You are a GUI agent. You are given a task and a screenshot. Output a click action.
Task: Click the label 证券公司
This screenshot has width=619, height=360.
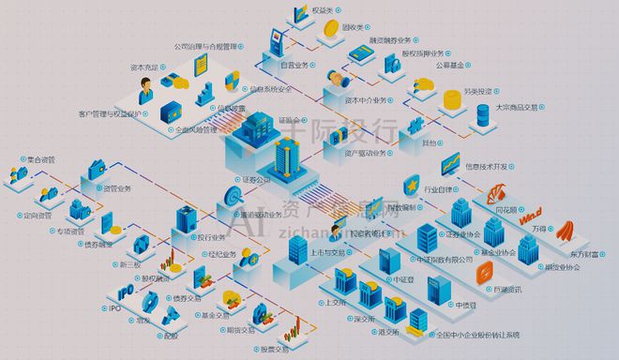pyautogui.click(x=255, y=178)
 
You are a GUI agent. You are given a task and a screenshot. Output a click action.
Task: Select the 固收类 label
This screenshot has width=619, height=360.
pyautogui.click(x=353, y=28)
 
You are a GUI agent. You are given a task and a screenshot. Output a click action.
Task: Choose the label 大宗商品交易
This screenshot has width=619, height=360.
pyautogui.click(x=518, y=106)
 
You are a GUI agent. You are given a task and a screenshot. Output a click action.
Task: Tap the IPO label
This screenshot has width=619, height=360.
pyautogui.click(x=116, y=307)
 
